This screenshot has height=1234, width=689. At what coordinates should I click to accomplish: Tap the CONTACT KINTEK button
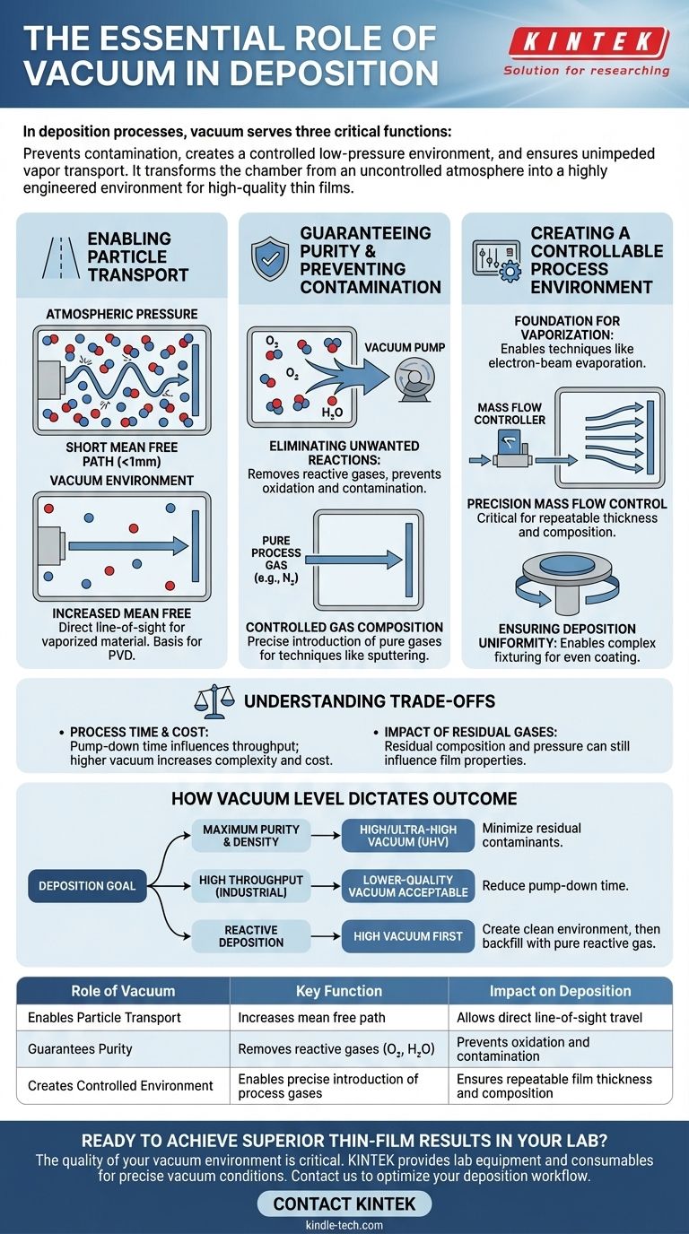(x=344, y=1204)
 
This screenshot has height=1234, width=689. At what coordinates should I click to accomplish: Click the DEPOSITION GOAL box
(x=87, y=886)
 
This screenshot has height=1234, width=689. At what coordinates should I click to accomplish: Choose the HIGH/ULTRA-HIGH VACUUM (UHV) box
(x=407, y=836)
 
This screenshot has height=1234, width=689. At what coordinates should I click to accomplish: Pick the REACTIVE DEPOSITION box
(x=252, y=936)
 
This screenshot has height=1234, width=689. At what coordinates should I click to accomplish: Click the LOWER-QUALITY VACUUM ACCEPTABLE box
(x=407, y=886)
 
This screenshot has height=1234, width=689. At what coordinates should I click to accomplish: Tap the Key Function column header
(x=339, y=991)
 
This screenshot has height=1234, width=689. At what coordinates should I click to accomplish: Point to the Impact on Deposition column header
(x=560, y=991)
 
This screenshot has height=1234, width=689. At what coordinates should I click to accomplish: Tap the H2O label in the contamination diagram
(x=331, y=413)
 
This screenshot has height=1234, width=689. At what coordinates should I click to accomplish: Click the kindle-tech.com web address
(x=344, y=1225)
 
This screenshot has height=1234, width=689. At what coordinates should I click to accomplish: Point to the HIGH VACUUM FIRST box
(x=407, y=936)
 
